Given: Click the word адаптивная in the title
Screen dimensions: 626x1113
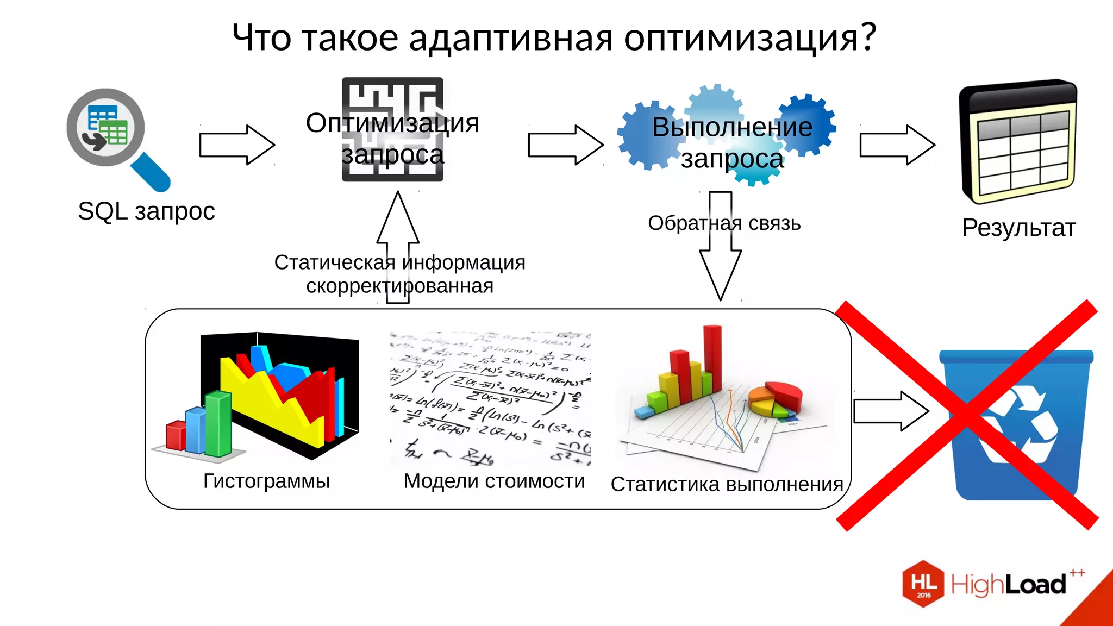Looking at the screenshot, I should pos(511,38).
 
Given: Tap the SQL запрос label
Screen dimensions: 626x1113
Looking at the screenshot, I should pos(146,211).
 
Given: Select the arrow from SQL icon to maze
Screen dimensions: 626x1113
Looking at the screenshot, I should pos(236,145).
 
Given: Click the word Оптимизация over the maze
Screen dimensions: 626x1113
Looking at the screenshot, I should pos(392,123).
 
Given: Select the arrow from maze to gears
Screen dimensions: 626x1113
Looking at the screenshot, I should pos(565,145).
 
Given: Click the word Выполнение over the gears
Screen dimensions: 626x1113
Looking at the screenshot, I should pos(732,128).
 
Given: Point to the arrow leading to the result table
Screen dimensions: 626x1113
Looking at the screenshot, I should pos(897,145).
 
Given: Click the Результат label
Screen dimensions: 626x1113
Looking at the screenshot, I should pos(1018,228).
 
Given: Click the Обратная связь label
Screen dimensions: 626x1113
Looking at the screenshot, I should pos(724,223).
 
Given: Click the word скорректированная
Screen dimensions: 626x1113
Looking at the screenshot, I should pos(399,286).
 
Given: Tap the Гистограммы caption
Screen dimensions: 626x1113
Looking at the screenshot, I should pos(266,481).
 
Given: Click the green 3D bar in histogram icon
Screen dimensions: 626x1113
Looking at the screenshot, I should pos(218,424).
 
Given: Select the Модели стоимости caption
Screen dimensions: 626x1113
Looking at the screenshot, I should pos(494,481).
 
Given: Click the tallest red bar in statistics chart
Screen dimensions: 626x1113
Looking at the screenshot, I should pos(712,359).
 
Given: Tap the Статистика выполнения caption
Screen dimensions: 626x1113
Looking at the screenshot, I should pos(727,484).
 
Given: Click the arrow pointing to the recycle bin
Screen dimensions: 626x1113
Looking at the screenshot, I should pos(890,411).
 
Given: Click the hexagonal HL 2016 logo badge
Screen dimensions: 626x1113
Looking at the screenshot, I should pos(923,584).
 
